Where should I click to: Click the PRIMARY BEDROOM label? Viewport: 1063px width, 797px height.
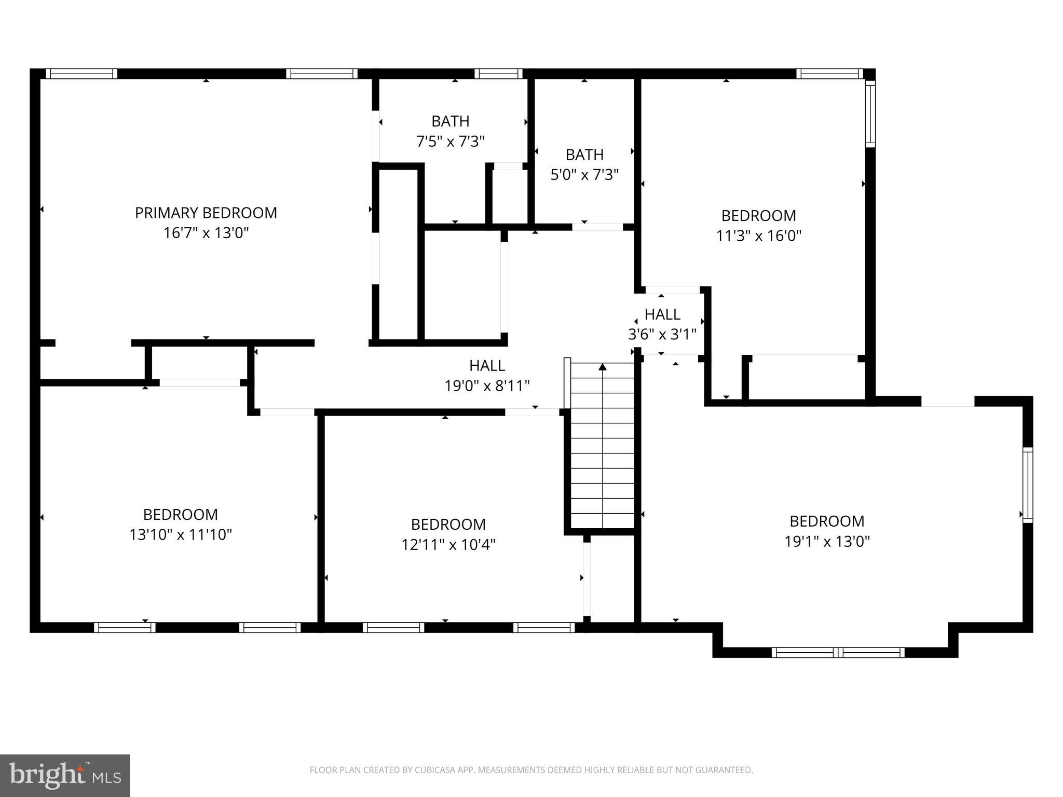tap(206, 213)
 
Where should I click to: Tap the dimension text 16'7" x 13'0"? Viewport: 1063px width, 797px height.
tap(206, 233)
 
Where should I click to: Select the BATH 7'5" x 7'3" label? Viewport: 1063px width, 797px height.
tap(450, 131)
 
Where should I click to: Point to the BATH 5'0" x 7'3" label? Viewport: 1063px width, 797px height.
tap(584, 164)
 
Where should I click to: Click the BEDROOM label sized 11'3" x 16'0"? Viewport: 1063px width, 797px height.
tap(758, 215)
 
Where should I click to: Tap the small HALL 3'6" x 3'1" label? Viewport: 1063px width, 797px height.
tap(662, 324)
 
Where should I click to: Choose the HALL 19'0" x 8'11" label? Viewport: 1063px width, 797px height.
tap(487, 376)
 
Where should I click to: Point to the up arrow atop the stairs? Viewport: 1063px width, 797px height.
tap(603, 367)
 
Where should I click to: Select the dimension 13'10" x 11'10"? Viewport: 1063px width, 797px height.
tap(180, 534)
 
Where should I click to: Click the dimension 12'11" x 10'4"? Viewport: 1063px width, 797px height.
tap(448, 544)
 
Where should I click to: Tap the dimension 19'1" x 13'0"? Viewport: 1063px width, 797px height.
tap(826, 541)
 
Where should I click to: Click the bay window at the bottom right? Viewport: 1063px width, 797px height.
tap(838, 652)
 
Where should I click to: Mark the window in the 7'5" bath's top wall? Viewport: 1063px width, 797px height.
tap(498, 74)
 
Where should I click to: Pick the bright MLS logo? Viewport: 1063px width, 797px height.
tap(65, 775)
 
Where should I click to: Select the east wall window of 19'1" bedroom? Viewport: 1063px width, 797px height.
tap(1027, 485)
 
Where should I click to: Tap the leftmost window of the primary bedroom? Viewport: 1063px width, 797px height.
tap(81, 74)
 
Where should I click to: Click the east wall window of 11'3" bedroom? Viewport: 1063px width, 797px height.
tap(870, 114)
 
